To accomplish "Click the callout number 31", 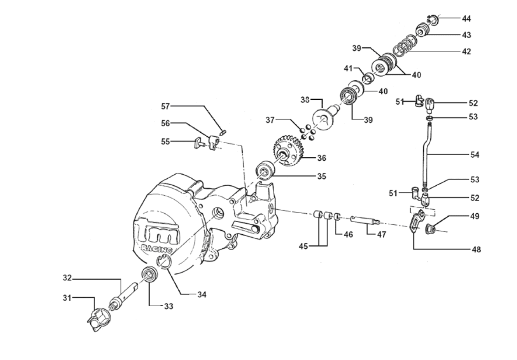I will pyautogui.click(x=67, y=298).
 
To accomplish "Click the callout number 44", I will pyautogui.click(x=466, y=19).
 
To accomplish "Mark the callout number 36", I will pyautogui.click(x=322, y=158).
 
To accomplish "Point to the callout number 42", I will pyautogui.click(x=466, y=51).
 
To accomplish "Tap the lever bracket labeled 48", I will pyautogui.click(x=417, y=222).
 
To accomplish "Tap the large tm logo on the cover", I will pyautogui.click(x=157, y=231).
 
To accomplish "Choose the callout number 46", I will pyautogui.click(x=348, y=234).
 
